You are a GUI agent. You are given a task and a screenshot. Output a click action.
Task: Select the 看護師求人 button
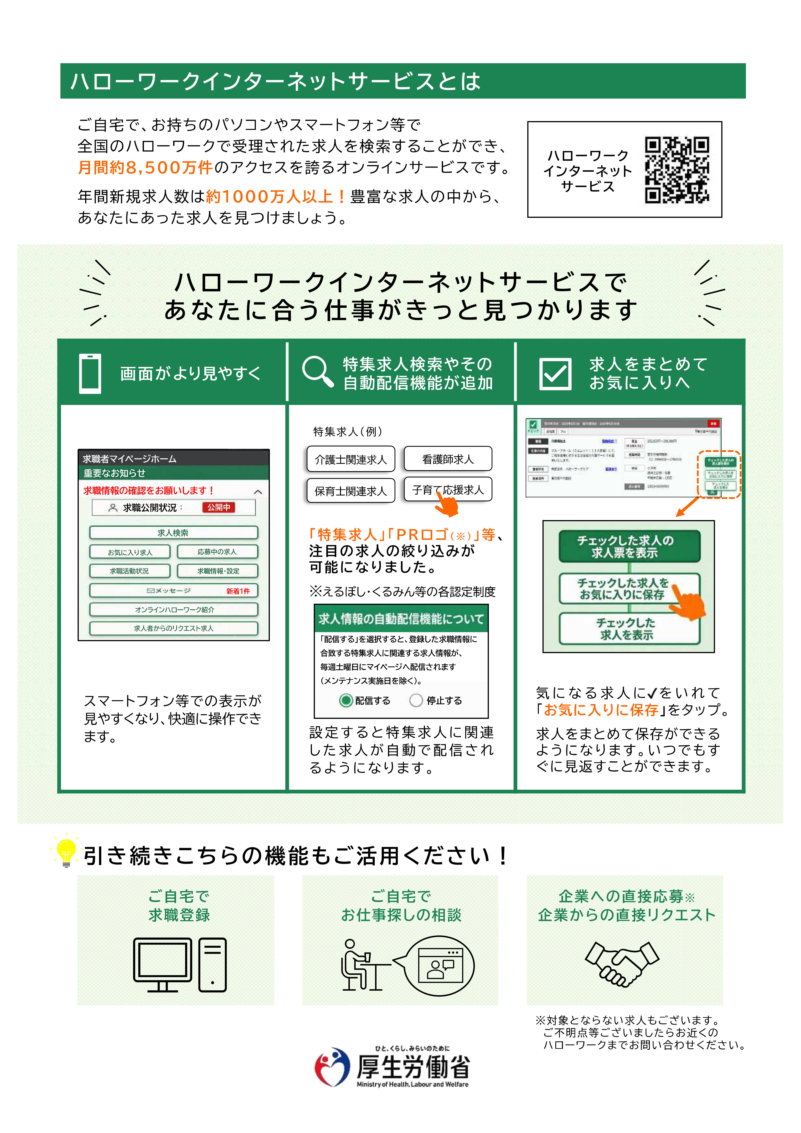(448, 459)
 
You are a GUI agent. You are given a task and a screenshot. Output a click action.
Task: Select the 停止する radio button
(416, 700)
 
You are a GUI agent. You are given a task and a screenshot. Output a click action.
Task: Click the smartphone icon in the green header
(90, 374)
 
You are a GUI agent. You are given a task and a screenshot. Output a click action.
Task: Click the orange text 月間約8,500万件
(145, 168)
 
